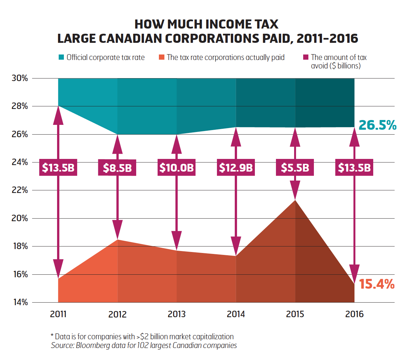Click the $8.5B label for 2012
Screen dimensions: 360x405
coord(117,168)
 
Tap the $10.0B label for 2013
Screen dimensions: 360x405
coord(176,168)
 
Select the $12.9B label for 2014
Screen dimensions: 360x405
coord(236,168)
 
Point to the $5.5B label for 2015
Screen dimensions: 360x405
coord(295,168)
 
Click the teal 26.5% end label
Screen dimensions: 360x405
coord(377,125)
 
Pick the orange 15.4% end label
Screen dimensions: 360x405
coord(377,284)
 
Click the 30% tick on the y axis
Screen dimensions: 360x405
coord(20,78)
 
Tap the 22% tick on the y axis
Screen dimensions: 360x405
coord(20,190)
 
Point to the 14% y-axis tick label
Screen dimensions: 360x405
coord(20,302)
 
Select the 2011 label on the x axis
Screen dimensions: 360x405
coord(58,314)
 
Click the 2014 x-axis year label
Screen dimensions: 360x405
coord(236,314)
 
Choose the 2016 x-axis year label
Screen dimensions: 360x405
coord(354,314)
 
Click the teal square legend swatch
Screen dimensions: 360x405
coord(61,57)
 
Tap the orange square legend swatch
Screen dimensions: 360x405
coord(161,57)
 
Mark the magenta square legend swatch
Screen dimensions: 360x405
coord(305,57)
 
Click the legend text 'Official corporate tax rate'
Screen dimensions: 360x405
coord(106,57)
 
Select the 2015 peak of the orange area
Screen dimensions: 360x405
coord(295,200)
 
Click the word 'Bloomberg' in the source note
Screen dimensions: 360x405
coord(93,345)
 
